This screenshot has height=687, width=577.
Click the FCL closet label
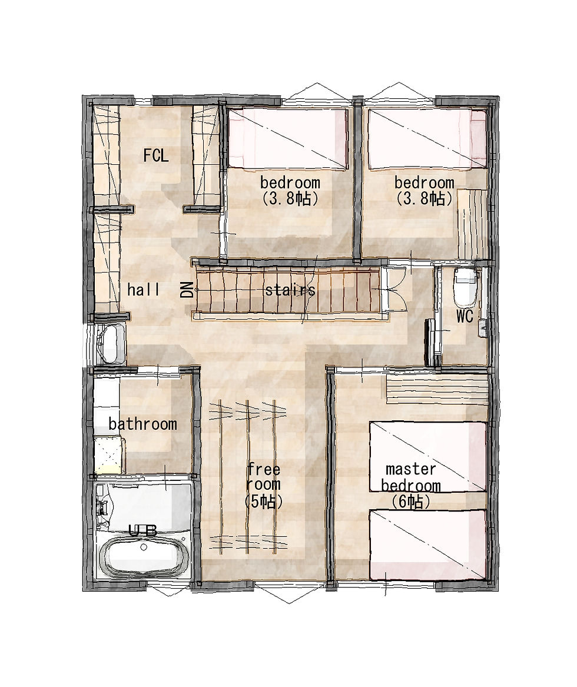pos(155,155)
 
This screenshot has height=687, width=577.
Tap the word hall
pos(143,290)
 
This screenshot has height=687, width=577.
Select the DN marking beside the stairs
pos(187,290)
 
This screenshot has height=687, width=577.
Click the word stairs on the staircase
pos(290,290)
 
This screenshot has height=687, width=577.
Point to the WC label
pos(465,316)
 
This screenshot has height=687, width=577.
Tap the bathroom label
pos(143,424)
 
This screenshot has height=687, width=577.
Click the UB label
pos(143,531)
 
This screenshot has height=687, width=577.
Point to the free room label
pos(263,477)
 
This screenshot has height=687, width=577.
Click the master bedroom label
pos(410,477)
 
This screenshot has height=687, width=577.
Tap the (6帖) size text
pos(410,501)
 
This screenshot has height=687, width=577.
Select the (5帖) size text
pos(263,501)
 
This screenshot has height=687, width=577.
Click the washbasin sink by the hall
pos(110,344)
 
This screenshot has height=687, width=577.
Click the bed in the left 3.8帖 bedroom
pos(287,138)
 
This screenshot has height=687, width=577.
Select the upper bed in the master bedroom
pos(428,457)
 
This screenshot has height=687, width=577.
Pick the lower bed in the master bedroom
pos(428,545)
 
